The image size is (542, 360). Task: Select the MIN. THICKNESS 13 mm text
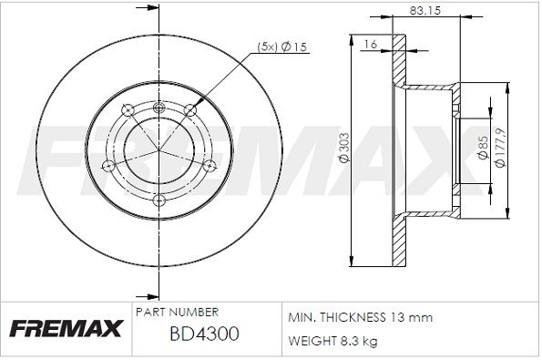pyautogui.click(x=360, y=317)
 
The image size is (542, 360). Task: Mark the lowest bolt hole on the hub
pyautogui.click(x=159, y=200)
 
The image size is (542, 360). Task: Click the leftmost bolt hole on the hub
pyautogui.click(x=108, y=165)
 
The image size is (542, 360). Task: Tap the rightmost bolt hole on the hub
pyautogui.click(x=210, y=165)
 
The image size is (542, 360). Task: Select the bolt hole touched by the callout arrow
pyautogui.click(x=190, y=109)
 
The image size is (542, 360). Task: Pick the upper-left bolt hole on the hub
pyautogui.click(x=128, y=109)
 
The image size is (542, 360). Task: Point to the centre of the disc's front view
pyautogui.click(x=159, y=149)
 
